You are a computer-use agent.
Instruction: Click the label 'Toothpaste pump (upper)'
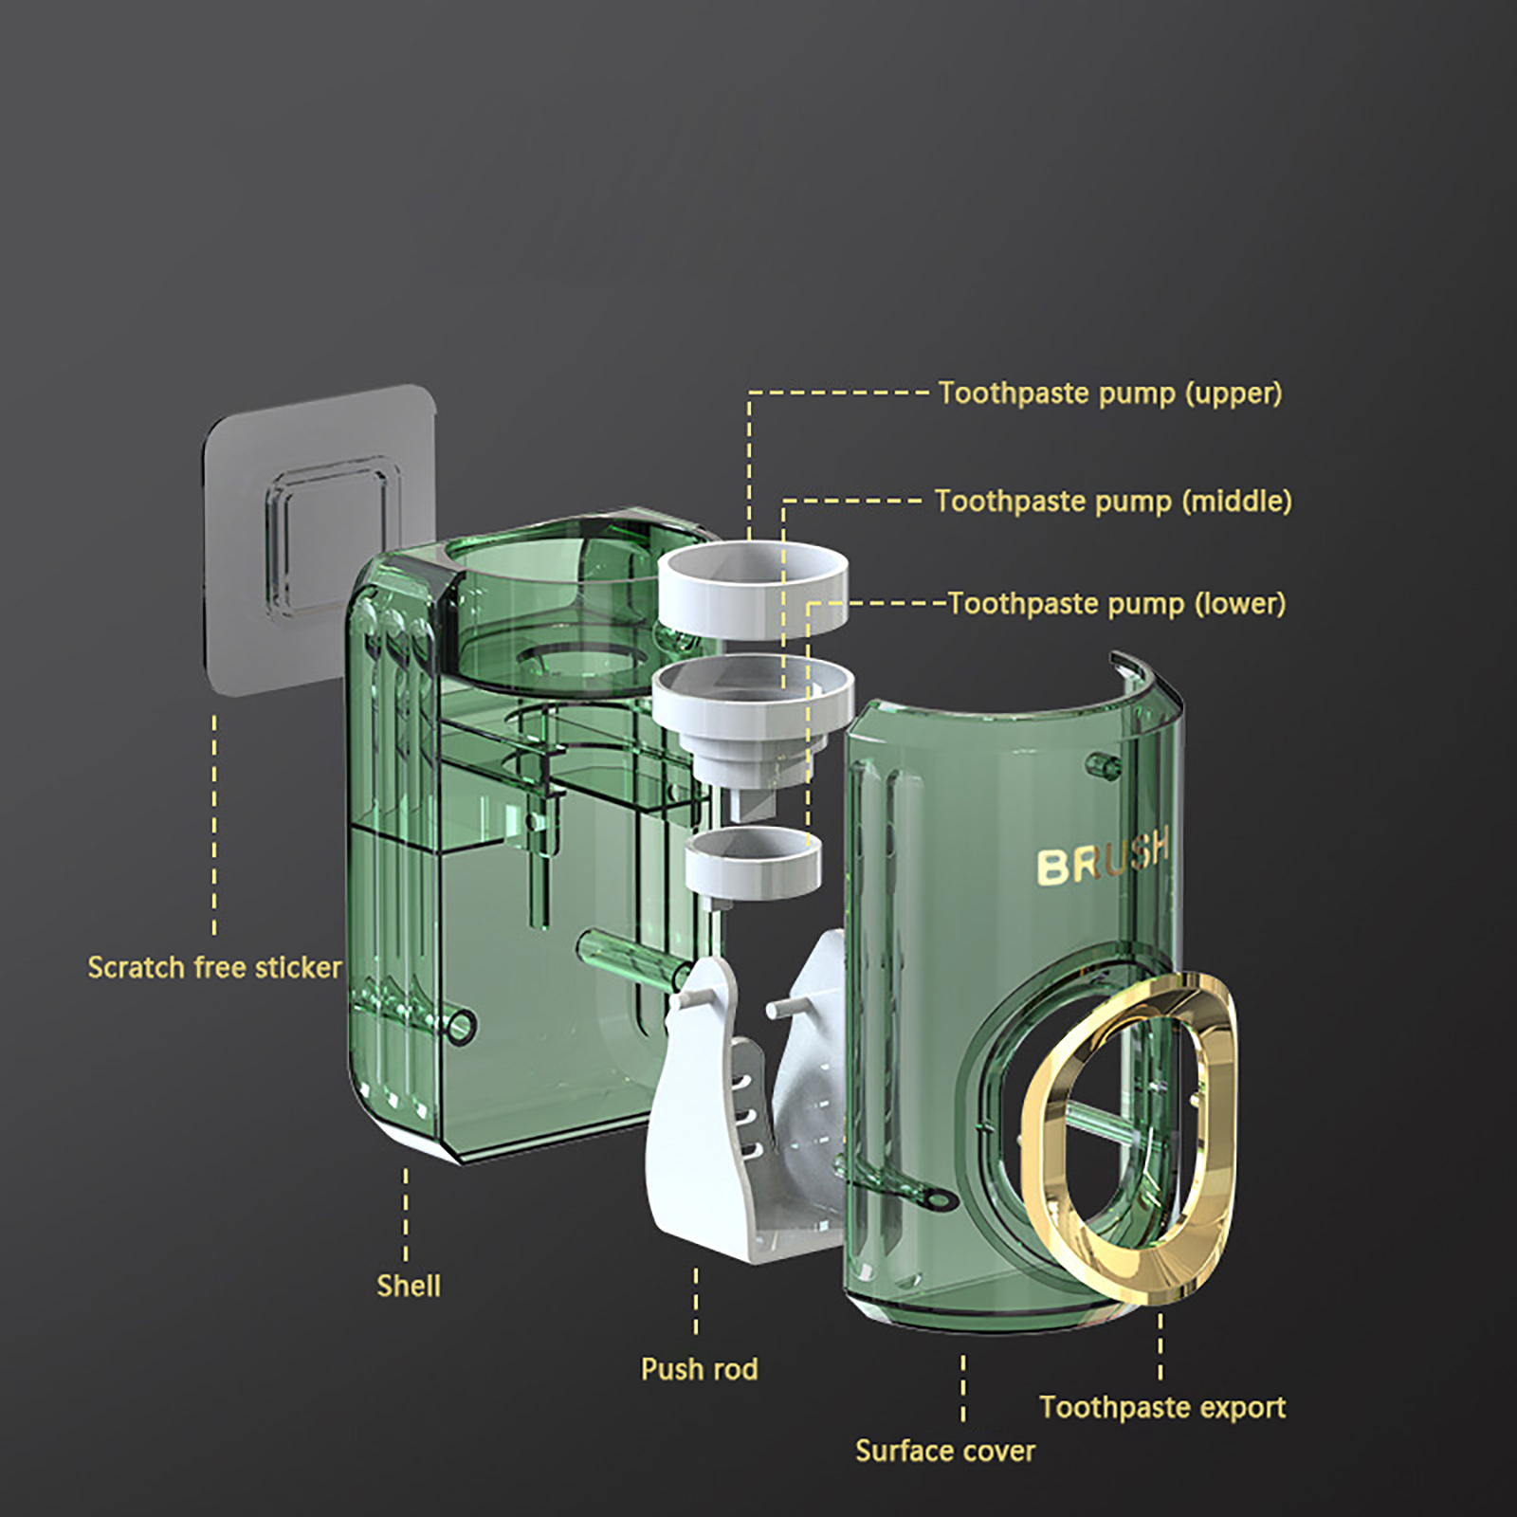click(1110, 393)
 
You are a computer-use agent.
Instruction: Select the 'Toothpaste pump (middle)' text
click(1113, 502)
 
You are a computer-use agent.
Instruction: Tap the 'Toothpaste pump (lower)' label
click(1118, 604)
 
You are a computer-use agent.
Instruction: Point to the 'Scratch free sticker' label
click(214, 967)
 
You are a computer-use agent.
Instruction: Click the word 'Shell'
click(409, 1286)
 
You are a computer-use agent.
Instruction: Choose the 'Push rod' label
click(700, 1369)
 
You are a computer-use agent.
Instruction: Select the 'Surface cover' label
click(945, 1451)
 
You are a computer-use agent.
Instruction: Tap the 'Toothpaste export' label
click(1162, 1407)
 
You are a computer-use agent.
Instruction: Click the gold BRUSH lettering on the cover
click(1103, 857)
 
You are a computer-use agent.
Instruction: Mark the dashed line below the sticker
click(214, 825)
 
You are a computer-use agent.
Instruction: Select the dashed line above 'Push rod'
click(696, 1303)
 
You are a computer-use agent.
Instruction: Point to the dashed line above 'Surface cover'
click(963, 1388)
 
